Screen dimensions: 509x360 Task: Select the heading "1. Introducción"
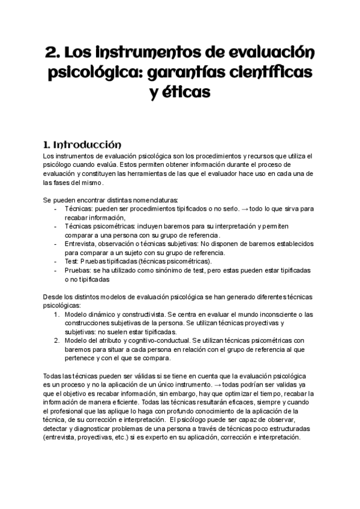[x=82, y=145]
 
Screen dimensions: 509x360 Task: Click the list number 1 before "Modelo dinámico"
[x=56, y=314]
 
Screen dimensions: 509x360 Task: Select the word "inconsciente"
[x=265, y=314]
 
